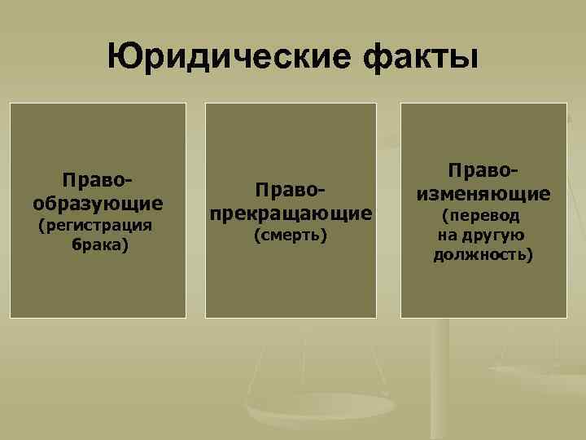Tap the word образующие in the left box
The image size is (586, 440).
pos(98,201)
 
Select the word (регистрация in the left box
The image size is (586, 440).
pos(97,224)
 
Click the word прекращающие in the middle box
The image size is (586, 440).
pos(291,213)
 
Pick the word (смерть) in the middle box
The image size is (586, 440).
pos(291,235)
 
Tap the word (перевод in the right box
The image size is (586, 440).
pos(483,217)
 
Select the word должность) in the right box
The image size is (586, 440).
pos(483,255)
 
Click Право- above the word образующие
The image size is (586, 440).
pos(98,180)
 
